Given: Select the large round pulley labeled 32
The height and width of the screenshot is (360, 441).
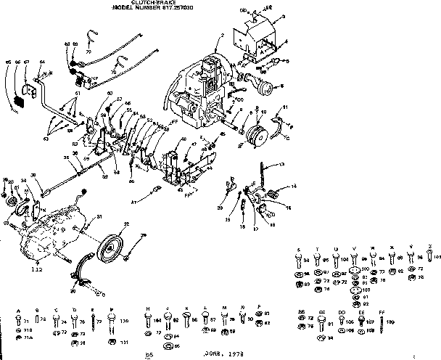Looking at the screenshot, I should point(112,246).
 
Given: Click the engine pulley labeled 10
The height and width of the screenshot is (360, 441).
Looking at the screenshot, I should point(257,136).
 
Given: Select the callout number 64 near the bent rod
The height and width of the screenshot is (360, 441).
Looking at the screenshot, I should point(41,63).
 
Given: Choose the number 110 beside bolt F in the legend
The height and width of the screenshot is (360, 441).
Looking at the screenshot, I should point(123,320).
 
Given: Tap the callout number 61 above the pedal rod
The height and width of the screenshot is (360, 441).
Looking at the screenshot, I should point(77,94).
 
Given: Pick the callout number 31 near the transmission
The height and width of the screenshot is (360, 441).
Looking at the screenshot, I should point(99,216).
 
